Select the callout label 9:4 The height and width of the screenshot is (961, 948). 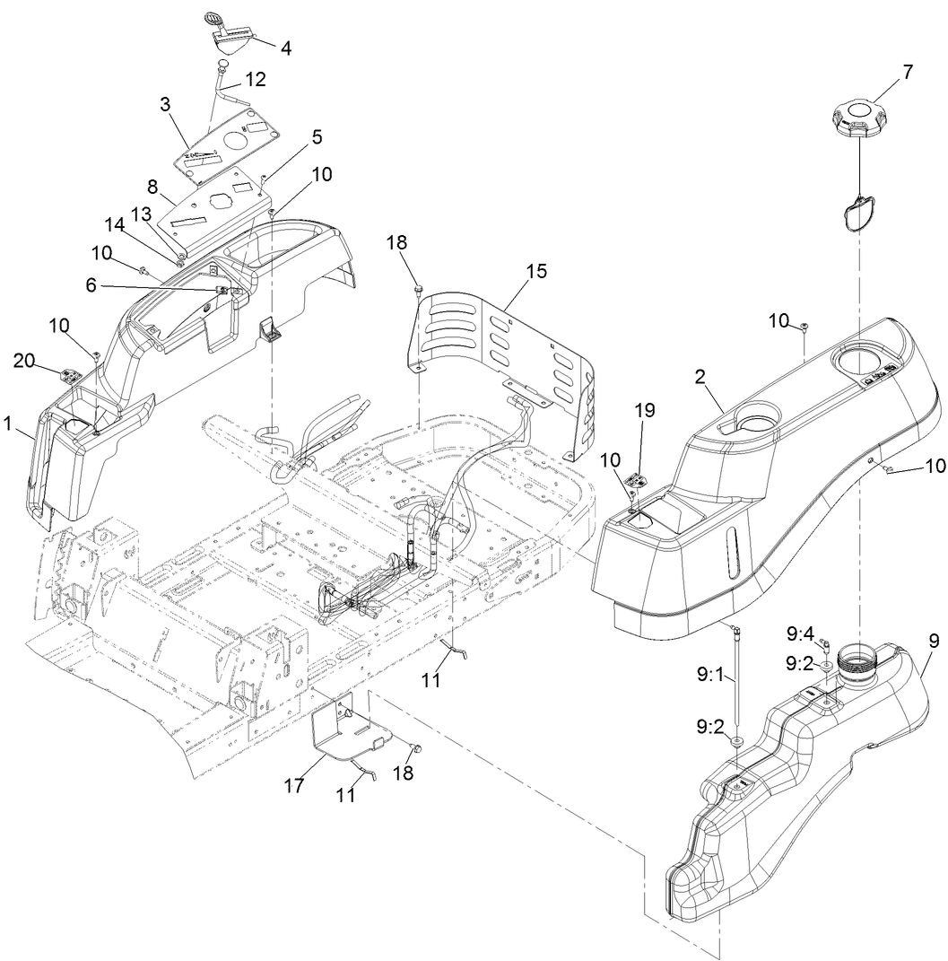pos(800,634)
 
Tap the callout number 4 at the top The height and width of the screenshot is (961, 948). pos(286,48)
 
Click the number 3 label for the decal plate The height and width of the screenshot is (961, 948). pos(165,104)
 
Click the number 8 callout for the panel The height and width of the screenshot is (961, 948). pos(152,188)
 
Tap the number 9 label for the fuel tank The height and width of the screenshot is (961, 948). pos(934,641)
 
